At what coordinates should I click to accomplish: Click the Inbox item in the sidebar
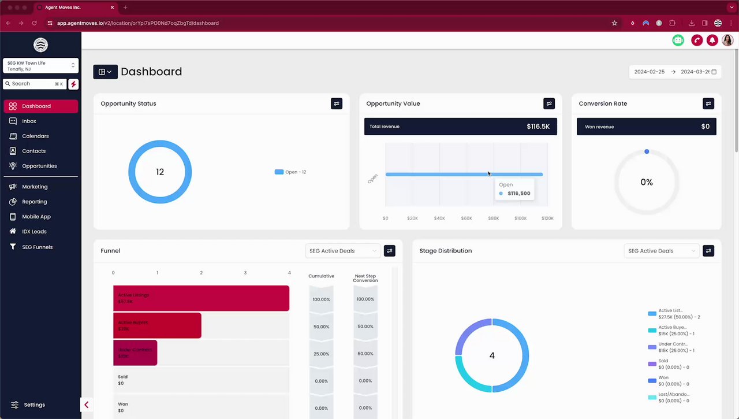(29, 121)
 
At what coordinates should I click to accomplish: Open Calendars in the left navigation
(35, 136)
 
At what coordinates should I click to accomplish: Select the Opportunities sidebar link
(39, 166)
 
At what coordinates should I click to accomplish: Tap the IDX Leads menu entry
(34, 232)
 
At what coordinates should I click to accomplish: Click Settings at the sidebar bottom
(34, 405)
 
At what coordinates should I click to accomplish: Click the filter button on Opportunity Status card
(337, 103)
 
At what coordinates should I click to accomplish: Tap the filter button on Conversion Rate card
(708, 103)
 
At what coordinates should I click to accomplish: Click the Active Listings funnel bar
(201, 298)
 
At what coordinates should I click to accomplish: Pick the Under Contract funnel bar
(135, 353)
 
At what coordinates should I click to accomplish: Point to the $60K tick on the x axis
(466, 218)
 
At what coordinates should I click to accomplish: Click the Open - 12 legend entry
(291, 172)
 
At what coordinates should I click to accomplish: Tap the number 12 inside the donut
(160, 172)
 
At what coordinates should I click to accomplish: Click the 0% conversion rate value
(647, 183)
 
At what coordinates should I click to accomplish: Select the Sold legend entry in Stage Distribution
(663, 364)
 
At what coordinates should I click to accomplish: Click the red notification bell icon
(712, 40)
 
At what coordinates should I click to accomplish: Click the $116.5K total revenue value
(538, 127)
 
